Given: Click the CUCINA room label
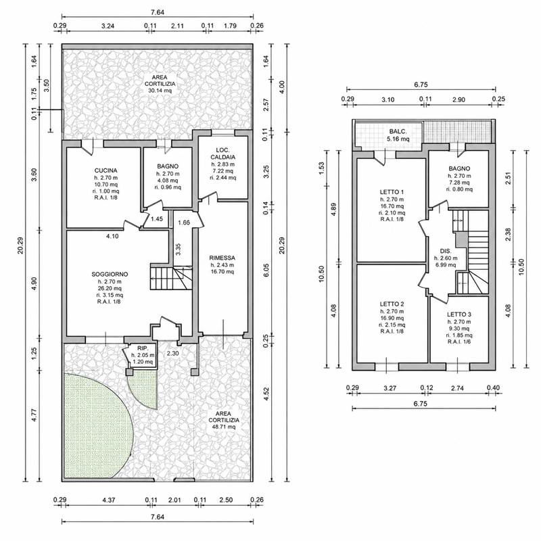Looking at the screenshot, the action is tap(106, 170).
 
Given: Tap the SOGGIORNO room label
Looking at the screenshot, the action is tap(110, 275).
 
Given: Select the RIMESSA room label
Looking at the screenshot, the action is tap(222, 258).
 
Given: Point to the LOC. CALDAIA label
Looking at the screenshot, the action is tap(223, 154).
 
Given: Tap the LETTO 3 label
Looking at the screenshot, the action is tap(459, 314).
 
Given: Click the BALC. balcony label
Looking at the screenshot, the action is tap(398, 131).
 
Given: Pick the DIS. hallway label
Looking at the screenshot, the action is tap(446, 251).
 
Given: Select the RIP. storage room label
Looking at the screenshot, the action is tap(143, 348).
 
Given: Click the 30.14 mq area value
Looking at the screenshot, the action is tap(160, 91).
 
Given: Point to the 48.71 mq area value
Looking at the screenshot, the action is tap(224, 427).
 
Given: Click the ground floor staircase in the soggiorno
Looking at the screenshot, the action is tap(171, 277).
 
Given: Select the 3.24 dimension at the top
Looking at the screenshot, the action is tap(108, 26).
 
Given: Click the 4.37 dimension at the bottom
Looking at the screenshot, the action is tap(109, 500).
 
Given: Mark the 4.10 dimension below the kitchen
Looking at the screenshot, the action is tap(112, 236).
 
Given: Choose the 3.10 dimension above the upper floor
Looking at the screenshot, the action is tap(387, 99).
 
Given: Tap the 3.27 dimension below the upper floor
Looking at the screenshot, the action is tap(390, 388).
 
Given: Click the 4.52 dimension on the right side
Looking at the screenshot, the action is tap(266, 394).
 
